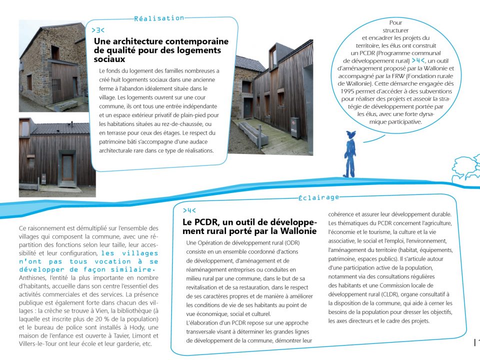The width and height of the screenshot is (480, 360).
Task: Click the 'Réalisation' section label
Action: [159, 18]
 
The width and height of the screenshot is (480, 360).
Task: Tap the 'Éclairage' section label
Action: [318, 197]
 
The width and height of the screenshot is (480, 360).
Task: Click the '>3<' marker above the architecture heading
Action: [98, 30]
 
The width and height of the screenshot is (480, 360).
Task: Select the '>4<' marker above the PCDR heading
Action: [189, 210]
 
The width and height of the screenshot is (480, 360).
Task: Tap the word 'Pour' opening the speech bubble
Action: [395, 22]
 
